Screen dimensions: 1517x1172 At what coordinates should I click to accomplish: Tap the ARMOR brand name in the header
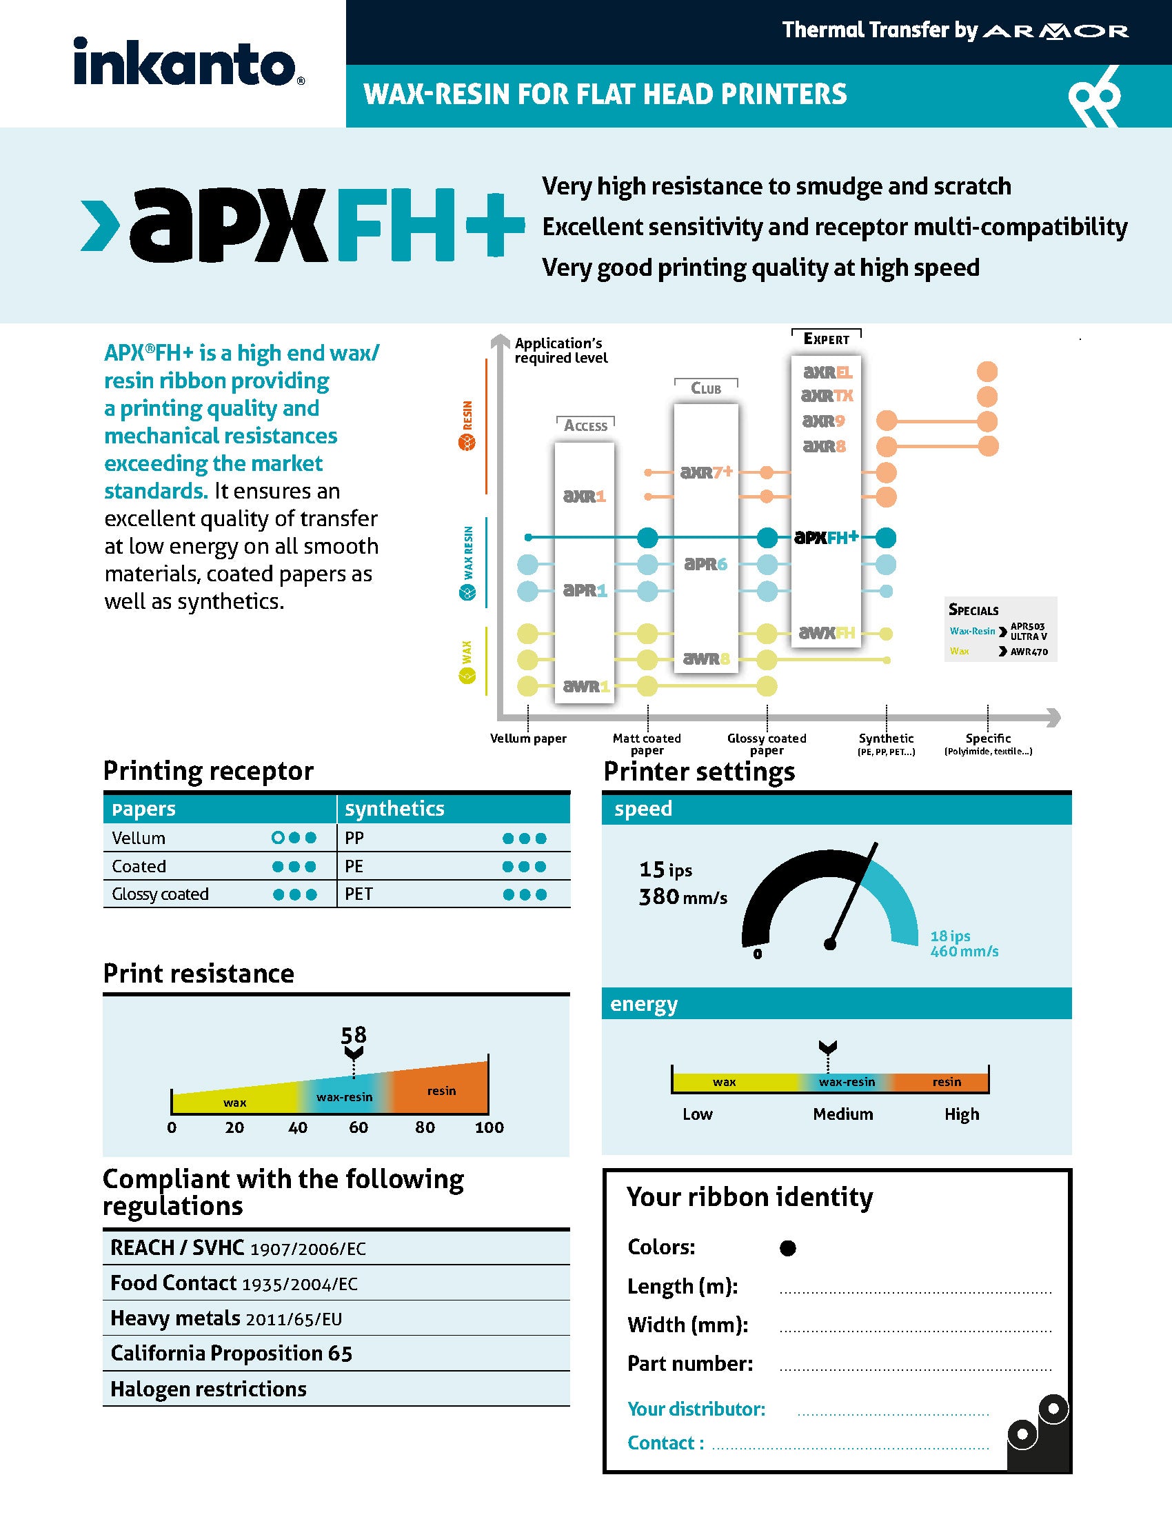(x=1056, y=31)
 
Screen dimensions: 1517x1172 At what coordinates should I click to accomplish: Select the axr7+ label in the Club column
(x=706, y=472)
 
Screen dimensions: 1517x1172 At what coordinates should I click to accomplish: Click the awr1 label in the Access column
(x=586, y=686)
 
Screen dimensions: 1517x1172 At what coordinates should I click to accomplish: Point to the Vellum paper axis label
(x=527, y=739)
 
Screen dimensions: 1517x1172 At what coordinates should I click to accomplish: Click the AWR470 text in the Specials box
(x=1029, y=652)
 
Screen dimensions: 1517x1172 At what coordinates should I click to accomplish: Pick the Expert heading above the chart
(x=826, y=339)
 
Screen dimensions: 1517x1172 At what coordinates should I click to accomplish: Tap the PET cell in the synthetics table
(x=359, y=894)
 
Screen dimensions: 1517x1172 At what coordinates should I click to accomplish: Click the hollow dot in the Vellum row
(x=278, y=838)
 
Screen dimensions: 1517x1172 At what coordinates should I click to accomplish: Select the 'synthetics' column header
(x=394, y=809)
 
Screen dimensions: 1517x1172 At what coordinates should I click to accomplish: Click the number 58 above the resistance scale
(x=354, y=1035)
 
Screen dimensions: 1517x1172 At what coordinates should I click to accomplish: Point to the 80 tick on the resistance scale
(x=425, y=1127)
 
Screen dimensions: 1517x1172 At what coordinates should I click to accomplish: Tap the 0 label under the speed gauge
(x=758, y=954)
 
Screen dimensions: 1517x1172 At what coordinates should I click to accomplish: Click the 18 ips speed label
(x=950, y=936)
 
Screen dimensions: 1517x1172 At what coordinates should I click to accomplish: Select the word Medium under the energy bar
(x=843, y=1114)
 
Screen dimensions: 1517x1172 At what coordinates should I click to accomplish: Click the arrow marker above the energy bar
(x=827, y=1047)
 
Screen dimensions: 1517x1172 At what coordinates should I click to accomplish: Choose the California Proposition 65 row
(x=231, y=1353)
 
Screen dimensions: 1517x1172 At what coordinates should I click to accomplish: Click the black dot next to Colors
(x=787, y=1248)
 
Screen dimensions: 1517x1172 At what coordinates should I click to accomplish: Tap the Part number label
(x=689, y=1363)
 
